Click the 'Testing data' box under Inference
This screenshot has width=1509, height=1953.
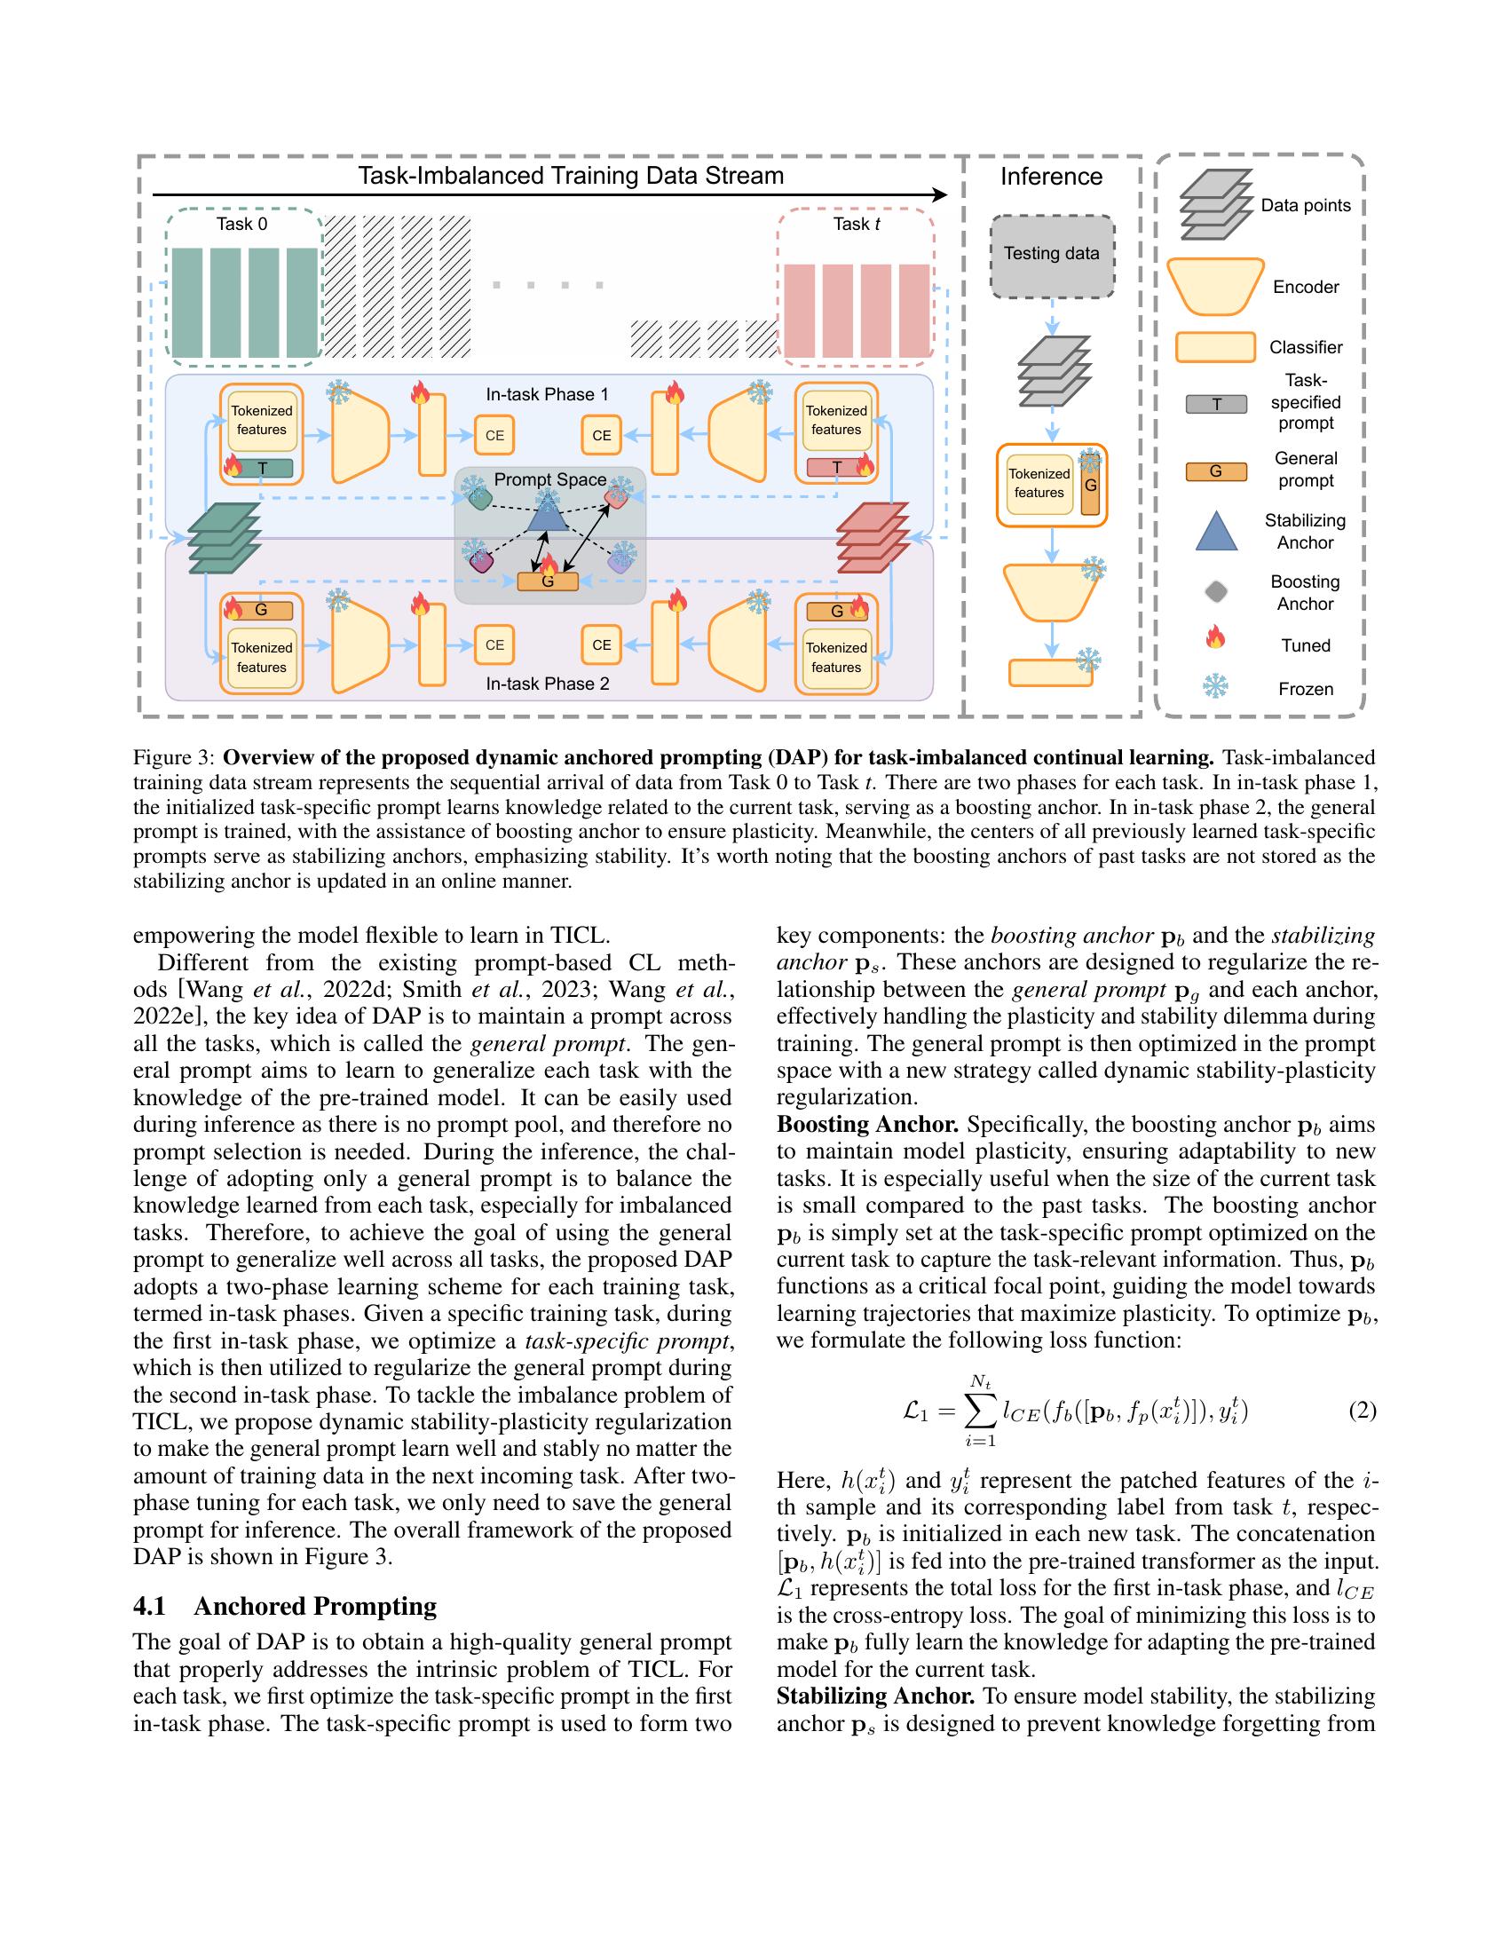tap(1051, 255)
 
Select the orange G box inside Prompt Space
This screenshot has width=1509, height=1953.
tap(548, 581)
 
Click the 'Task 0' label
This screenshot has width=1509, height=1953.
tap(241, 225)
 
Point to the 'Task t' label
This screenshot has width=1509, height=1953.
tap(857, 225)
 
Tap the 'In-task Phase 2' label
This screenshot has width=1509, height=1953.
tap(547, 684)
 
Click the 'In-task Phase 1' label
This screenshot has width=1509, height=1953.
tap(547, 394)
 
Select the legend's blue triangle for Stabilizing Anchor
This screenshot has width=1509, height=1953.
tap(1216, 532)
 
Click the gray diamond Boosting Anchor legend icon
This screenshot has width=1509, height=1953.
tap(1216, 592)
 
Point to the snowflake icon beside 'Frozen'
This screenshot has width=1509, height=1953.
tap(1216, 687)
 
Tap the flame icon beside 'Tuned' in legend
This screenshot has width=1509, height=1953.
tap(1216, 637)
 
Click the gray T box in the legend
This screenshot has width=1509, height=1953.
tap(1216, 404)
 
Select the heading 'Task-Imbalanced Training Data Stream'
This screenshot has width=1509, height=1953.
tap(571, 176)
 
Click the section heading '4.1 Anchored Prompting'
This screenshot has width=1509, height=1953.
tap(284, 1606)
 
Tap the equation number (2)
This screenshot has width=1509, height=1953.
tap(1362, 1412)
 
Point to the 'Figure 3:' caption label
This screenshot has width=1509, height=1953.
tap(173, 758)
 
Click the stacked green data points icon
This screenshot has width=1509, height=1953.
tap(225, 536)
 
